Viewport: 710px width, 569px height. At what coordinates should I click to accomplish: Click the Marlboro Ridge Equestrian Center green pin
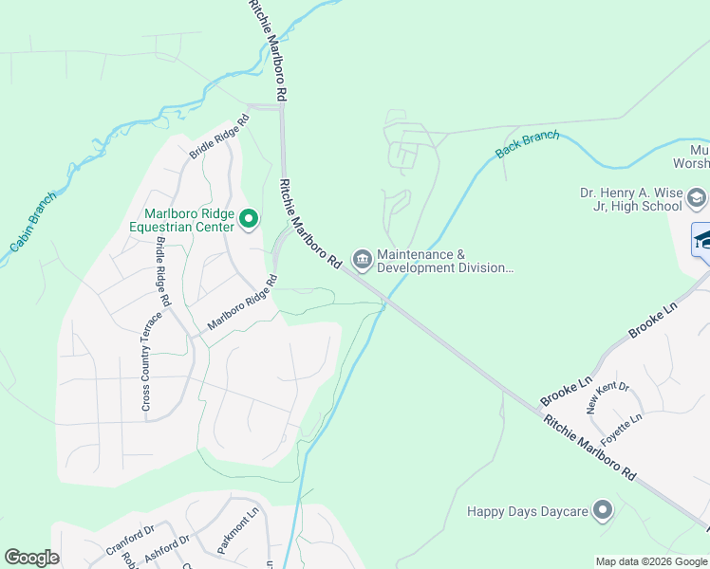pyautogui.click(x=249, y=220)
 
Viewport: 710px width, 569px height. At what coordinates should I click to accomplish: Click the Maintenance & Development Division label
pyautogui.click(x=444, y=261)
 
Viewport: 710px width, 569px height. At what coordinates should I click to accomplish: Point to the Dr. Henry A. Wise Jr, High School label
pyautogui.click(x=631, y=198)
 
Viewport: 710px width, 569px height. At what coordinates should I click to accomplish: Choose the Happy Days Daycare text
pyautogui.click(x=527, y=511)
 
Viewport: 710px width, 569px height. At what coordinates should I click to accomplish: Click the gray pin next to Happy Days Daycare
pyautogui.click(x=602, y=510)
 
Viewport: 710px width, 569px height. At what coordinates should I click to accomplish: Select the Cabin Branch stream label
pyautogui.click(x=33, y=222)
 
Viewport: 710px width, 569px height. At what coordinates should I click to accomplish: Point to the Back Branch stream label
pyautogui.click(x=527, y=144)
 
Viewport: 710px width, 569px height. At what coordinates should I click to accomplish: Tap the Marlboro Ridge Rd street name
pyautogui.click(x=242, y=303)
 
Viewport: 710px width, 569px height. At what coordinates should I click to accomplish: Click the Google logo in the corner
pyautogui.click(x=31, y=558)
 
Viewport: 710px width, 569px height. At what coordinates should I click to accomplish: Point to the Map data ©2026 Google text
pyautogui.click(x=650, y=561)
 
